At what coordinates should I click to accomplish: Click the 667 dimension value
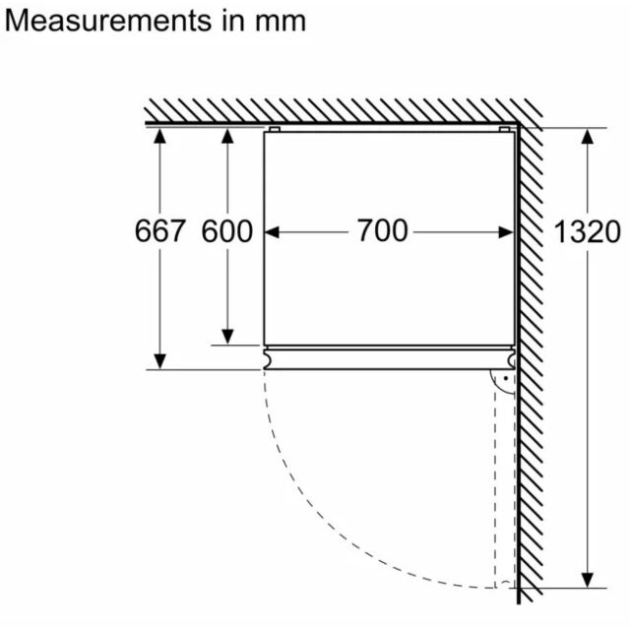pos(159,231)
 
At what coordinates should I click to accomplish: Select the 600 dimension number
pos(227,231)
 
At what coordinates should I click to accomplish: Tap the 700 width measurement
pos(383,230)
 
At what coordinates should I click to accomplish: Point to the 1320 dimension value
pos(587,232)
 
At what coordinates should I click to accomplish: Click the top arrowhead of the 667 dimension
pos(159,136)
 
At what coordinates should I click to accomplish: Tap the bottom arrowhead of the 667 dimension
pos(159,361)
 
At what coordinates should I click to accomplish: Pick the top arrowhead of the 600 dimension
pos(227,136)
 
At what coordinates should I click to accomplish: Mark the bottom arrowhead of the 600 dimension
pos(227,337)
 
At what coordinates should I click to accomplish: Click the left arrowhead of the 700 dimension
pos(272,232)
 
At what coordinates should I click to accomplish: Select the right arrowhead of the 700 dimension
pos(506,232)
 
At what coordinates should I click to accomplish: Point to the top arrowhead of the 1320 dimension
pos(588,137)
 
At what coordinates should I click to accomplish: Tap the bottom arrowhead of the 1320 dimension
pos(588,580)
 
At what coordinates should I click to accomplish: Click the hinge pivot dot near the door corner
pos(506,378)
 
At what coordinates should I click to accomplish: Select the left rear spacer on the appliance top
pos(275,129)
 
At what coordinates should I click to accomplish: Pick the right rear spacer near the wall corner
pos(505,129)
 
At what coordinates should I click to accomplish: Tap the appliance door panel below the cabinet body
pos(390,359)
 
